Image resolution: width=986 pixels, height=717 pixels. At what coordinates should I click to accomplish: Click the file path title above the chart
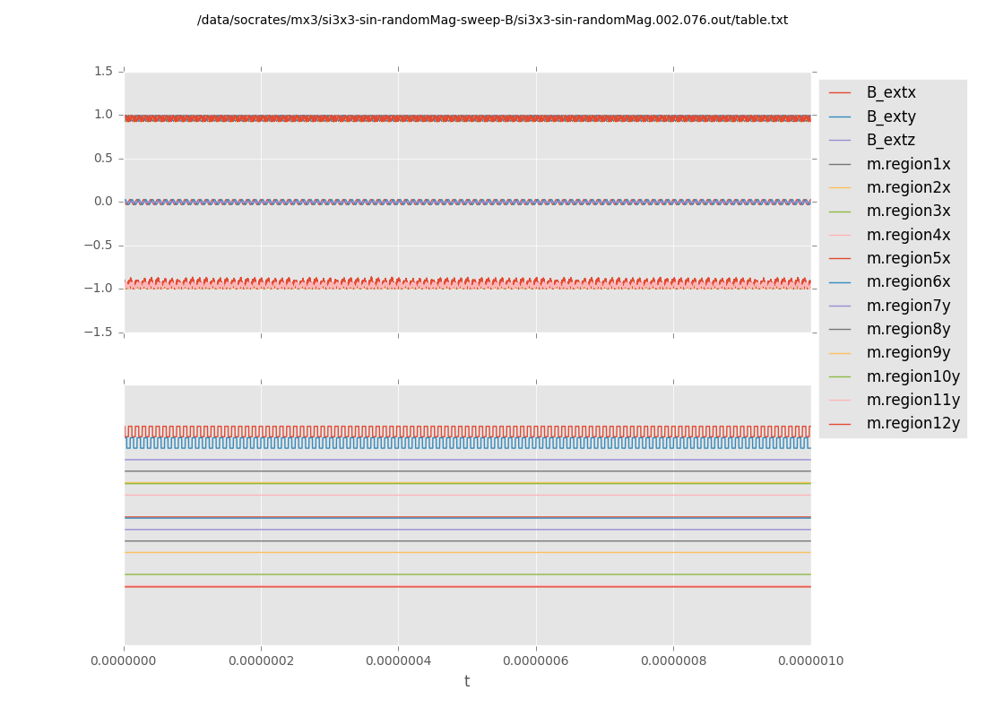[x=492, y=20]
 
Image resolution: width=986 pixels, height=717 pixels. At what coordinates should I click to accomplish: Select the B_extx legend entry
[x=890, y=92]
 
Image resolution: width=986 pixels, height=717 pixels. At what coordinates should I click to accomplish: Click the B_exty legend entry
[x=890, y=117]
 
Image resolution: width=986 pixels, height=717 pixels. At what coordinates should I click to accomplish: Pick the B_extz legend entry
[x=890, y=140]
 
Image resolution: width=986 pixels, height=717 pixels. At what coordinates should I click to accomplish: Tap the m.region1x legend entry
[x=908, y=164]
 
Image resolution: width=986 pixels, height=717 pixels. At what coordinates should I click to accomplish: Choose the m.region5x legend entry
[x=908, y=258]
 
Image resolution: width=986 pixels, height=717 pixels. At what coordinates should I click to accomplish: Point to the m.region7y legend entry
[x=908, y=306]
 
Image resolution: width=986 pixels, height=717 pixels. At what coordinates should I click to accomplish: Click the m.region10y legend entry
[x=912, y=376]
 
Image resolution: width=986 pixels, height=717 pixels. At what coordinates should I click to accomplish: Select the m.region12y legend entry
[x=912, y=423]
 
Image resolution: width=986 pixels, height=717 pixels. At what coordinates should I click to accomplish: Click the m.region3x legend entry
[x=908, y=211]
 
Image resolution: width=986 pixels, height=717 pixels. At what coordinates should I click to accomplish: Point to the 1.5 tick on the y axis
[x=104, y=71]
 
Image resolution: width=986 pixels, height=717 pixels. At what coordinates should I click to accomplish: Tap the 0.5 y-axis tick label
[x=104, y=158]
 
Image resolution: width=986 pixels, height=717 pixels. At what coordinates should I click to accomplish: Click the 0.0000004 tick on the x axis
[x=398, y=661]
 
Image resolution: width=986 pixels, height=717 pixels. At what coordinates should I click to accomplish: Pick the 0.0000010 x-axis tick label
[x=809, y=661]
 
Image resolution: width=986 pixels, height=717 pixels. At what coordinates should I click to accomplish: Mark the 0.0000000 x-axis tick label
[x=125, y=661]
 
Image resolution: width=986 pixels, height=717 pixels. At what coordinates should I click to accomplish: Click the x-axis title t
[x=467, y=682]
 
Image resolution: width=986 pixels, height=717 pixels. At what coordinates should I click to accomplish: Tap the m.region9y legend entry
[x=908, y=352]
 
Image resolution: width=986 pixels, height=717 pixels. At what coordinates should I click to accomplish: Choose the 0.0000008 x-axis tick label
[x=673, y=661]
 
